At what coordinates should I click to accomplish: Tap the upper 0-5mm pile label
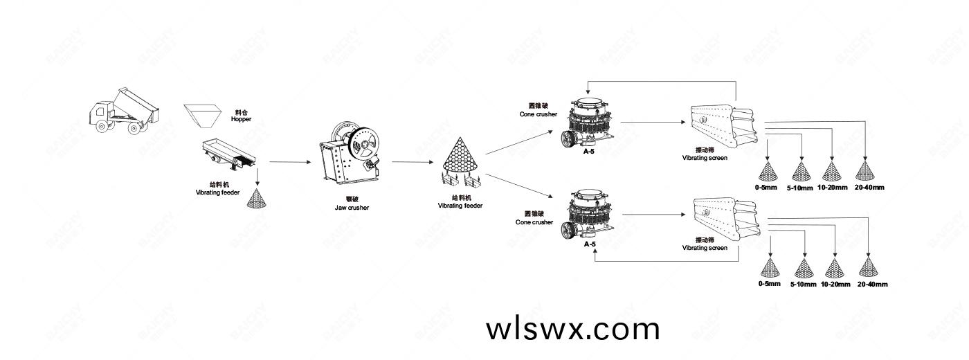click(x=767, y=187)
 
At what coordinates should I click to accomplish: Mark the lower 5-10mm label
click(x=804, y=285)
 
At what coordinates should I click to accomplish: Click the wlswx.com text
click(x=573, y=329)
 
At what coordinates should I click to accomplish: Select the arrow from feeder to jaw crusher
click(x=289, y=162)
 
